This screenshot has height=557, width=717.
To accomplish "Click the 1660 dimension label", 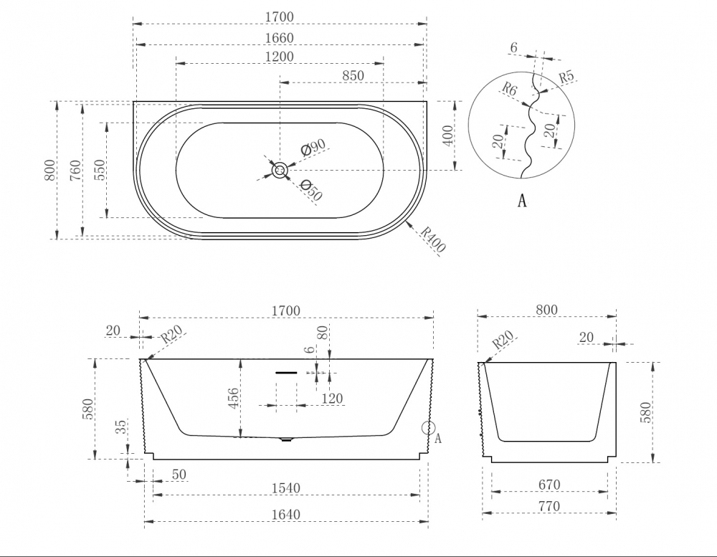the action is click(280, 38).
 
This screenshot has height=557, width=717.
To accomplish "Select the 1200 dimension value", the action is click(280, 57).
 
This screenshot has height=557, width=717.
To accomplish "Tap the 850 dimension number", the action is click(353, 75).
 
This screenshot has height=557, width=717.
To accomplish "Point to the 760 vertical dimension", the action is click(76, 170).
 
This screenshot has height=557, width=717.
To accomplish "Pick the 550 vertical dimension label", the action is click(100, 170).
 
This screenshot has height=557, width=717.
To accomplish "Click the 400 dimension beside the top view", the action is click(449, 135).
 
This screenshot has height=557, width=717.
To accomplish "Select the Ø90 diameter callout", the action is click(314, 147).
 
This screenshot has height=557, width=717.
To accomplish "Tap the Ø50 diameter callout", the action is click(311, 190).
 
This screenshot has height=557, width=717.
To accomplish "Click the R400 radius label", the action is click(432, 239).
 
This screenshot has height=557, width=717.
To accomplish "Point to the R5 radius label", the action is click(566, 77).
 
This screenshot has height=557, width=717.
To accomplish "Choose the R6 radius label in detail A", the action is click(509, 89).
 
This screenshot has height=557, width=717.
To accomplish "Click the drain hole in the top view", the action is click(280, 171).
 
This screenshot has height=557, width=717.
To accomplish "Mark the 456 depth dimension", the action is click(233, 399).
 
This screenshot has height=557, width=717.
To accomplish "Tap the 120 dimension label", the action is click(332, 399).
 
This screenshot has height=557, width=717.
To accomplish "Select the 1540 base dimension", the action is click(286, 488).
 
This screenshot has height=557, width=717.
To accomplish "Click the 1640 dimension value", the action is click(286, 515).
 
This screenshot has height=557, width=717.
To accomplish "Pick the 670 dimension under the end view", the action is click(549, 485).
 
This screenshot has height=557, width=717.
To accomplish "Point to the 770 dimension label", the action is click(549, 506).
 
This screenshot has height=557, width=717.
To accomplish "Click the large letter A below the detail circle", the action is click(522, 200).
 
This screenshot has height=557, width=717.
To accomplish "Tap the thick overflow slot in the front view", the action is click(286, 373).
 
